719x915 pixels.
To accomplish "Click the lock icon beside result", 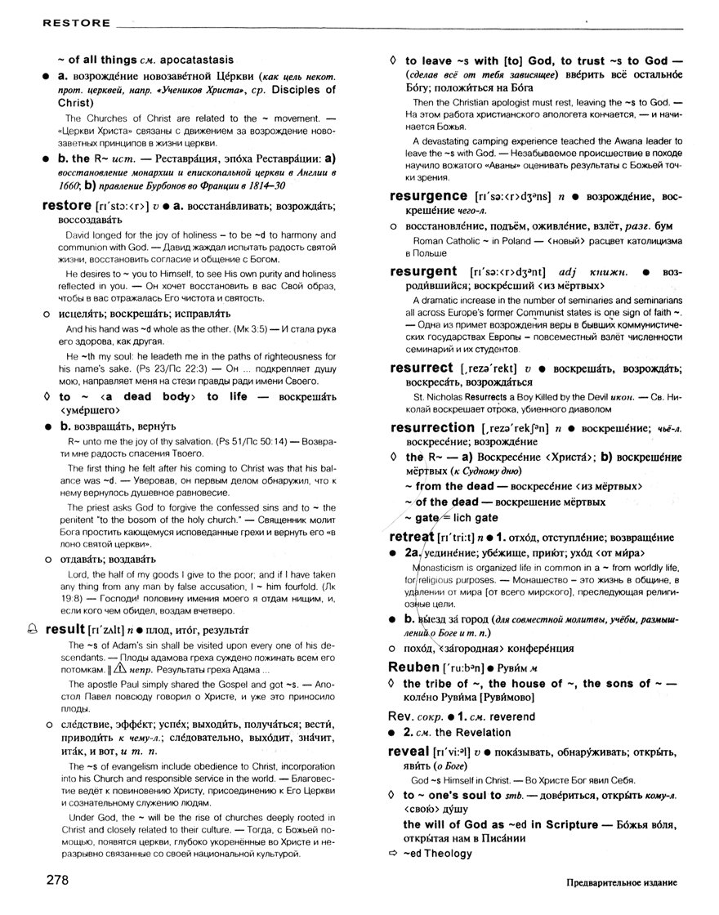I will click(32, 629).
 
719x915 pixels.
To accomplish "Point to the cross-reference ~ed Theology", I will click(437, 854).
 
